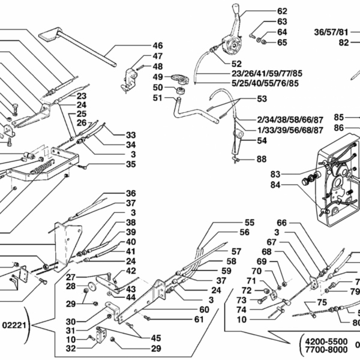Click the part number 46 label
(157, 46)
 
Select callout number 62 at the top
(282, 11)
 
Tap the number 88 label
(261, 159)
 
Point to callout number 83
(275, 174)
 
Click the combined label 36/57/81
(331, 32)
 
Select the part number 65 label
(282, 42)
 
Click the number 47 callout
(157, 56)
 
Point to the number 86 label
(339, 127)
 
